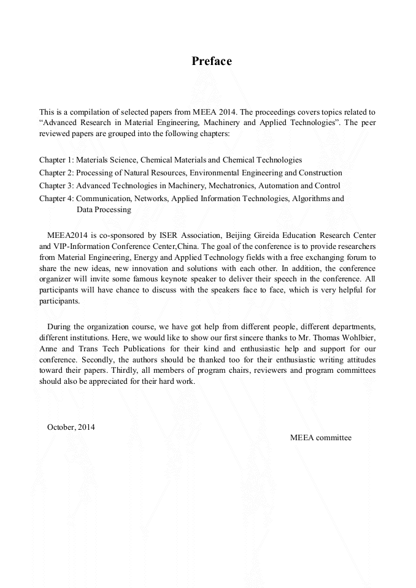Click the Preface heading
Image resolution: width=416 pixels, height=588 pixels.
point(211,61)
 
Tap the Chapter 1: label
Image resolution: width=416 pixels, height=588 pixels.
point(56,160)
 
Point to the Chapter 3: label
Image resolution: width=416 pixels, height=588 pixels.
point(56,186)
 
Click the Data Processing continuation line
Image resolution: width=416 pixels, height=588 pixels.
point(104,210)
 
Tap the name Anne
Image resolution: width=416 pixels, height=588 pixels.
point(48,348)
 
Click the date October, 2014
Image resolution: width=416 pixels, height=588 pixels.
point(71,427)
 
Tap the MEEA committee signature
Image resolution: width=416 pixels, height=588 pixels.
point(320,438)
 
